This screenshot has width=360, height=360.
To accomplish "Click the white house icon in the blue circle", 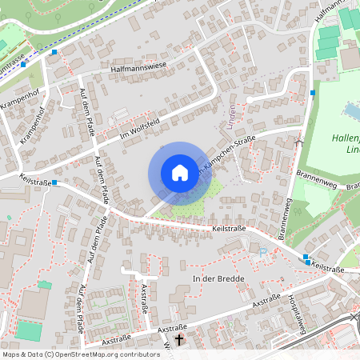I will (x=179, y=172).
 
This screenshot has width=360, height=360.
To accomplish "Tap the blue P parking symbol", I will (x=263, y=250).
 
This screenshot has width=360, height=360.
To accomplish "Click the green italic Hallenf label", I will (x=345, y=137).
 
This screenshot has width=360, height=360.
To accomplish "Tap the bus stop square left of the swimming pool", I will (x=312, y=93).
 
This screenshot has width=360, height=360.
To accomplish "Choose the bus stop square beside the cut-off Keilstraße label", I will (x=307, y=262).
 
